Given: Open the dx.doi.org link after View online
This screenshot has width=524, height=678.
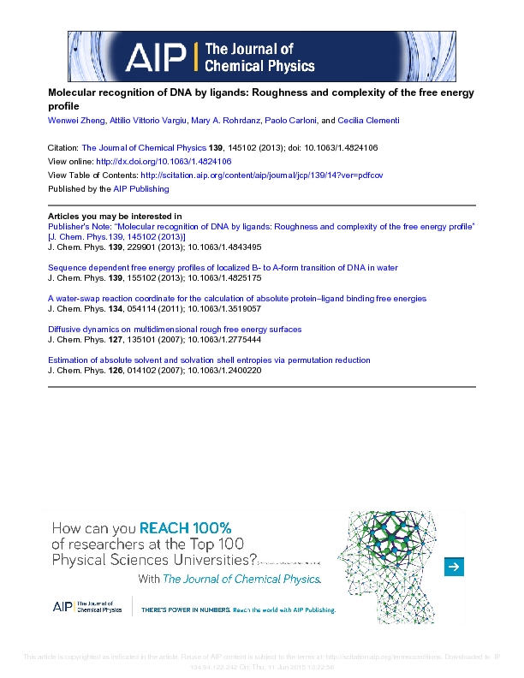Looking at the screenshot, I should click(164, 161).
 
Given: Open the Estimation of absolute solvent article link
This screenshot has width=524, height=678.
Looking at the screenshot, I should click(209, 360).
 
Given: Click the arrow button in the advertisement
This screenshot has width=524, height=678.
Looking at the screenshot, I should click(455, 566).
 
